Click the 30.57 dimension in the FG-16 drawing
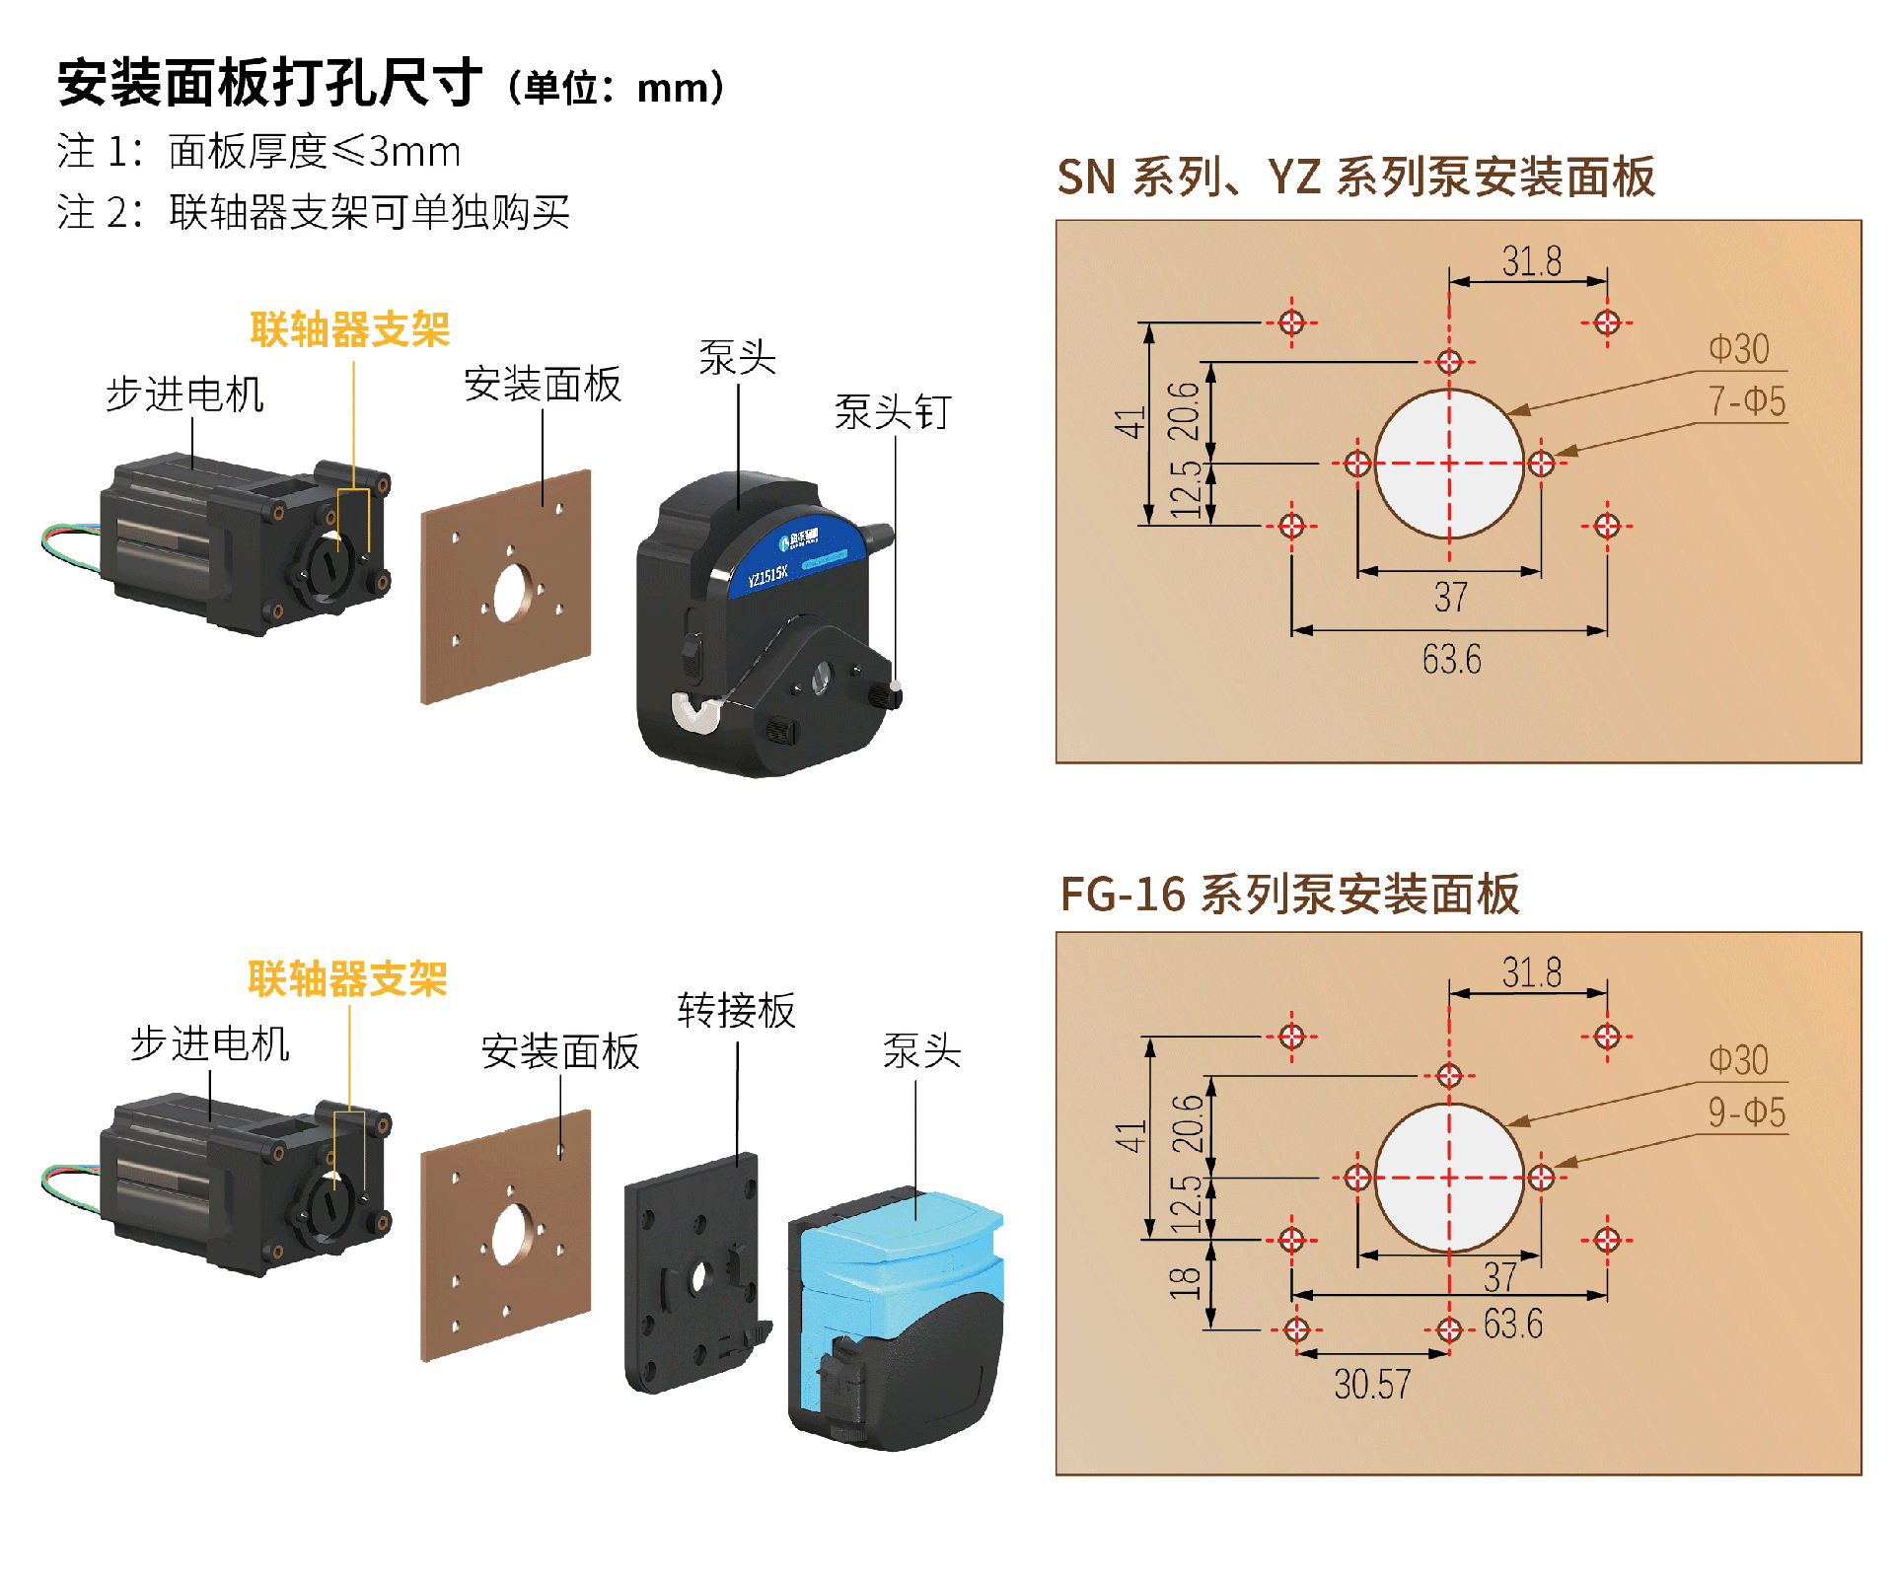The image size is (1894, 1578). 1371,1385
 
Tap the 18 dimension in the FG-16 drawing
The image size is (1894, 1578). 1185,1283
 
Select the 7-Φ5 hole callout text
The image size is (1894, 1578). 1746,401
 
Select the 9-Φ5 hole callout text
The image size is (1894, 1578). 1746,1112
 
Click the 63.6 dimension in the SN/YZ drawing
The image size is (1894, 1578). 1451,659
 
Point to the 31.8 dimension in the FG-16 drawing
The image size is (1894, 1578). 1531,973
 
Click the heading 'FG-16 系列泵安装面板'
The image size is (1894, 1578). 1289,895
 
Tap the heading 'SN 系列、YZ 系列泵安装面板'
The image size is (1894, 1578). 1355,178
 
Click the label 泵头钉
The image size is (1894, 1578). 893,412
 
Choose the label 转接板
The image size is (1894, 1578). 736,1011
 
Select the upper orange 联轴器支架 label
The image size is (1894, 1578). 349,329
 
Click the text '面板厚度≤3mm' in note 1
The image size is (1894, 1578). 314,152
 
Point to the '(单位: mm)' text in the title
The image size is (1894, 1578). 617,89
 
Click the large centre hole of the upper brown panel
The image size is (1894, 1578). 510,593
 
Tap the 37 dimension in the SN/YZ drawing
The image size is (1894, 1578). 1450,597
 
